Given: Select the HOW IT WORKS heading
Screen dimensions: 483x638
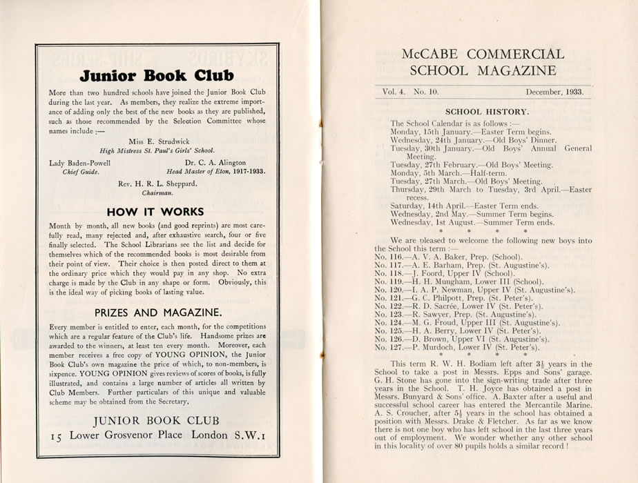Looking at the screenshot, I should tap(157, 211).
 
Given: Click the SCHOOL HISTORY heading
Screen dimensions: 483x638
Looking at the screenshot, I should tap(487, 111).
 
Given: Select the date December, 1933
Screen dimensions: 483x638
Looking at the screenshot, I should tap(554, 91).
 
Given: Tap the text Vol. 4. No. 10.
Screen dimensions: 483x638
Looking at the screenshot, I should tap(415, 91).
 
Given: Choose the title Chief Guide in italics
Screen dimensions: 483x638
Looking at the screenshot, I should tap(67, 172).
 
